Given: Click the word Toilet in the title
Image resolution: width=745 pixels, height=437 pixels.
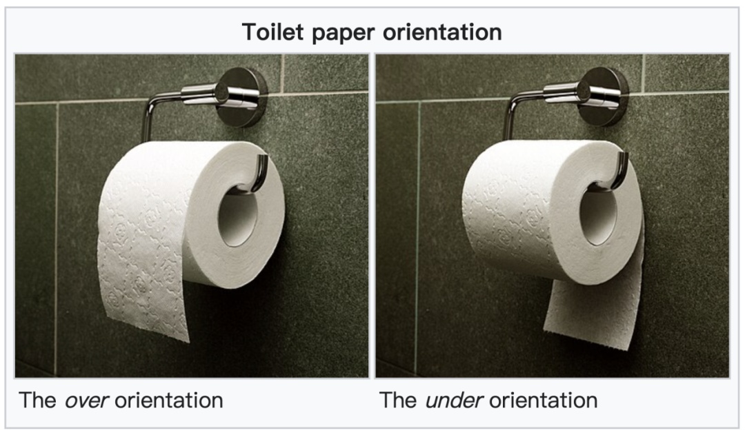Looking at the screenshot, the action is click(272, 32).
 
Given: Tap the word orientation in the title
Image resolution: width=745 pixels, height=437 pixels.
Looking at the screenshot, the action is click(442, 32).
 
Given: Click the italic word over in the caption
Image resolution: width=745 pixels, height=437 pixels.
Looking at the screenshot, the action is click(87, 400).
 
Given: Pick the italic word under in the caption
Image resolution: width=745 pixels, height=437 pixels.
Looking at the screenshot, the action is click(454, 400).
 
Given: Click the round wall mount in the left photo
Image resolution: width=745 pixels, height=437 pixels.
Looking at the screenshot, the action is click(242, 96).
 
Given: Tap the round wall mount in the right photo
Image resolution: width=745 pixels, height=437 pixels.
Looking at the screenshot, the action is click(604, 96).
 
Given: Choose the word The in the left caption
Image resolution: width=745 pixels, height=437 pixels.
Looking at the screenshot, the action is click(37, 400).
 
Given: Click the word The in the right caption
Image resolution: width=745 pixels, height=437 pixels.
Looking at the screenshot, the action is click(398, 400).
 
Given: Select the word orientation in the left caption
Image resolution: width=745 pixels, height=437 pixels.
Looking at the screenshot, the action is click(169, 400).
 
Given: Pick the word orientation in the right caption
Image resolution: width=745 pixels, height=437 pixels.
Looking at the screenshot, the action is click(543, 400).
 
